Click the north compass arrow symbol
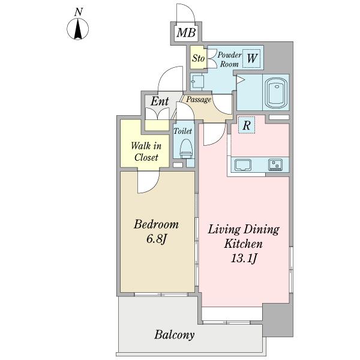tap(77, 29)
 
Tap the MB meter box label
tap(186, 32)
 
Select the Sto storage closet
tap(198, 58)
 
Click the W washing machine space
tap(251, 58)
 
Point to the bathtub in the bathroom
tap(276, 93)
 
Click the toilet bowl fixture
tap(186, 149)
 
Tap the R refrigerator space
tap(247, 125)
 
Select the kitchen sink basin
tap(243, 165)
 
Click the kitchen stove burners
tap(275, 165)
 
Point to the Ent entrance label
tap(160, 101)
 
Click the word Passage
tap(199, 100)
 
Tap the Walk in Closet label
tap(146, 152)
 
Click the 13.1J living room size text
tap(244, 259)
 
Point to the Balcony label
tap(174, 335)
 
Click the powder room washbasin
tap(197, 82)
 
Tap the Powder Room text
tap(229, 59)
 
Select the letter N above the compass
tap(78, 12)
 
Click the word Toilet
tap(182, 131)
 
